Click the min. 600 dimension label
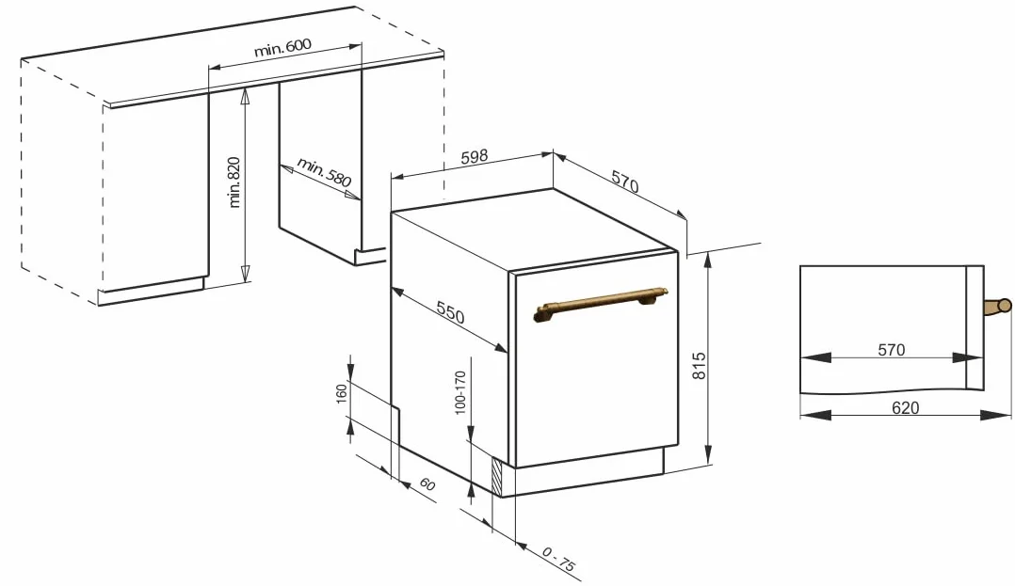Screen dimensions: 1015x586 click(x=282, y=47)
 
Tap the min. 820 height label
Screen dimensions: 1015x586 click(x=234, y=182)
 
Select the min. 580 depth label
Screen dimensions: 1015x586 click(x=324, y=171)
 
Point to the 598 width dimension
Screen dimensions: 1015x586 click(x=475, y=157)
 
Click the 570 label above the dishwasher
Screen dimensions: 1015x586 click(x=625, y=182)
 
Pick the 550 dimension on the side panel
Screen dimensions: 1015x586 click(x=450, y=312)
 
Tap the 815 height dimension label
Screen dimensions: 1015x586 click(x=699, y=366)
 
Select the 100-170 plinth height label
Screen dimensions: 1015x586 click(x=460, y=392)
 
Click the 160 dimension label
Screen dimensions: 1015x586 click(x=342, y=393)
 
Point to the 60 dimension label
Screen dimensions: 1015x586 click(x=427, y=483)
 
